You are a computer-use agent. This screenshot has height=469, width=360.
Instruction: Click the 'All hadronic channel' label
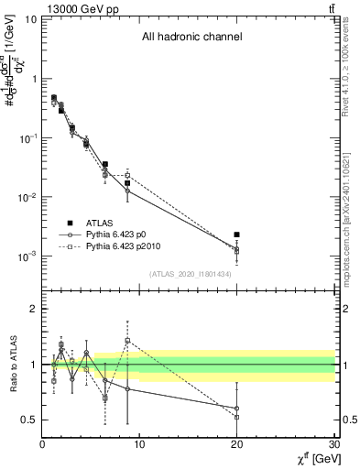coord(191,38)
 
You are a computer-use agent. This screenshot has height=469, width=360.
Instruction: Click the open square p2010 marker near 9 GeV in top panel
coord(127,175)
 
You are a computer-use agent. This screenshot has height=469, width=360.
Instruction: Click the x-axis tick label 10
coord(139,444)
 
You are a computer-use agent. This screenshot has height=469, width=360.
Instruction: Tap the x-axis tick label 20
coord(236,444)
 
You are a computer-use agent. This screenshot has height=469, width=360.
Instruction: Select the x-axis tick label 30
coord(333,444)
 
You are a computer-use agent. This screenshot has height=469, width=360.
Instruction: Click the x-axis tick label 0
coord(42,444)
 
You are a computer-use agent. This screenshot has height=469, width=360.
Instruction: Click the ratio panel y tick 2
coord(33,309)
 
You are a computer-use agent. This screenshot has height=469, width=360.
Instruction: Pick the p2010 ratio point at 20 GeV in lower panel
coord(236,417)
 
